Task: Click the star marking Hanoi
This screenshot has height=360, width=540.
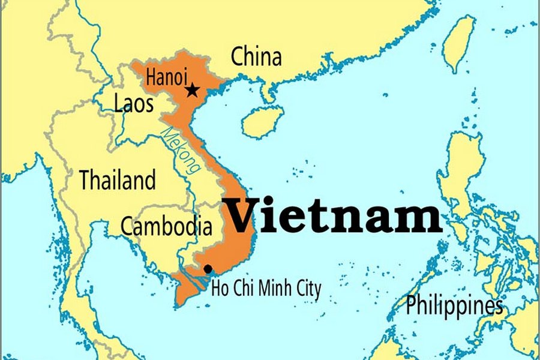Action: pyautogui.click(x=192, y=90)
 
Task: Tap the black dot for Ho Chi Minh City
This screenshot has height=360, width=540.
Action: pyautogui.click(x=208, y=269)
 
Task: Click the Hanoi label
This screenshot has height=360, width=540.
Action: pyautogui.click(x=166, y=77)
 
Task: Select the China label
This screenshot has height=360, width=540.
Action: pyautogui.click(x=256, y=57)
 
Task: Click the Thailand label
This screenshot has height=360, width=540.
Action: pyautogui.click(x=118, y=179)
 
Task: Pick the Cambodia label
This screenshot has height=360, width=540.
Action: pyautogui.click(x=166, y=226)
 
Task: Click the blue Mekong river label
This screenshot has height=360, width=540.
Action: pyautogui.click(x=182, y=151)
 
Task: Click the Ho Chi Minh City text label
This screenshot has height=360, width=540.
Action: pyautogui.click(x=266, y=289)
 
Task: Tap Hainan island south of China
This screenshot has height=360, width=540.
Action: pyautogui.click(x=262, y=122)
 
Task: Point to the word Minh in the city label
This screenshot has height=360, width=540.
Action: pyautogui.click(x=273, y=289)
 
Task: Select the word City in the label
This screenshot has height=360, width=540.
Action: pyautogui.click(x=308, y=289)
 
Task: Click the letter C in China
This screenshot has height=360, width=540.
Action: pyautogui.click(x=238, y=57)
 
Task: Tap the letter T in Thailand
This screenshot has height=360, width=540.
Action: pyautogui.click(x=85, y=179)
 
